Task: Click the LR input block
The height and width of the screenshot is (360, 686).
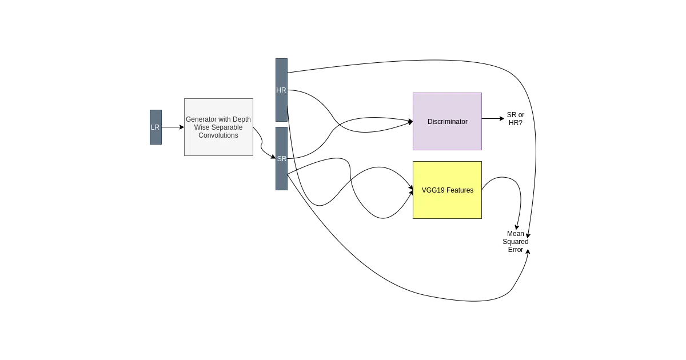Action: (155, 127)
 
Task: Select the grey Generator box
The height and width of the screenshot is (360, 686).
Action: (218, 127)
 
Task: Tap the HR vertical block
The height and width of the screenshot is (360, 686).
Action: (281, 90)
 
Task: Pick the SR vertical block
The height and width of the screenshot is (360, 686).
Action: (281, 159)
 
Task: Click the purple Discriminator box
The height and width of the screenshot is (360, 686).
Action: (447, 122)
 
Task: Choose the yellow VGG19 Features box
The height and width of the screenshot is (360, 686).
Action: (447, 190)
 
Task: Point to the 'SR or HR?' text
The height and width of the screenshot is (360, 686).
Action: (516, 119)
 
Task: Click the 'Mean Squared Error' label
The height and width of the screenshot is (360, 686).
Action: (516, 242)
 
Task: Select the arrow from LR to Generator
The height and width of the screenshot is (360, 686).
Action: (173, 127)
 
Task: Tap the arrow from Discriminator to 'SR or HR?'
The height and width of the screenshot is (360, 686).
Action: (493, 118)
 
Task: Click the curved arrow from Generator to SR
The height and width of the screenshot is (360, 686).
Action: (262, 143)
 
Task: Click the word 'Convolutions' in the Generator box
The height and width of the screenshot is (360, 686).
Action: (218, 135)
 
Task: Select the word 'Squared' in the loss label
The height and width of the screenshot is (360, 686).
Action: (516, 242)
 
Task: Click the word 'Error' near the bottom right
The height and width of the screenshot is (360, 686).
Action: (516, 250)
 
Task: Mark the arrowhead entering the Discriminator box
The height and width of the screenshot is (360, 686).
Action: (410, 122)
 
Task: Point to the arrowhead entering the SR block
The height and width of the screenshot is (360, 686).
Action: (273, 157)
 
